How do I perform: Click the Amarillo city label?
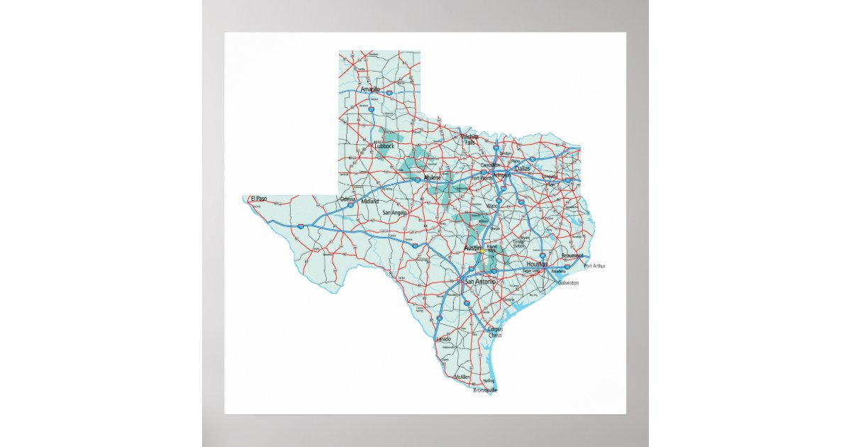370,89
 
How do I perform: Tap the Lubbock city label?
384,146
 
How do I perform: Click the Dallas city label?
522,169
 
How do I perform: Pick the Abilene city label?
432,177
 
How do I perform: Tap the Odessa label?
347,199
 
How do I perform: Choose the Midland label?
369,202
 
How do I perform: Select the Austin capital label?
472,248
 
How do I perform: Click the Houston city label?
538,264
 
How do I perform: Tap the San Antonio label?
481,282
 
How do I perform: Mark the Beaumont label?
572,255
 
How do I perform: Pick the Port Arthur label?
594,266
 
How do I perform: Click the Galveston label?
568,283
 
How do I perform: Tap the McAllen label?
462,377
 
